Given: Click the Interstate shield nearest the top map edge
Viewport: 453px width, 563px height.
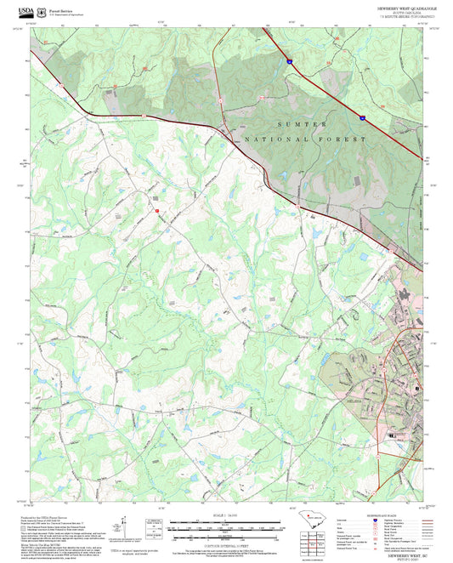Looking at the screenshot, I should (289, 61).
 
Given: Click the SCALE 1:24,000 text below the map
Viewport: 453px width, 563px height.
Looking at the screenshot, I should (225, 514).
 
